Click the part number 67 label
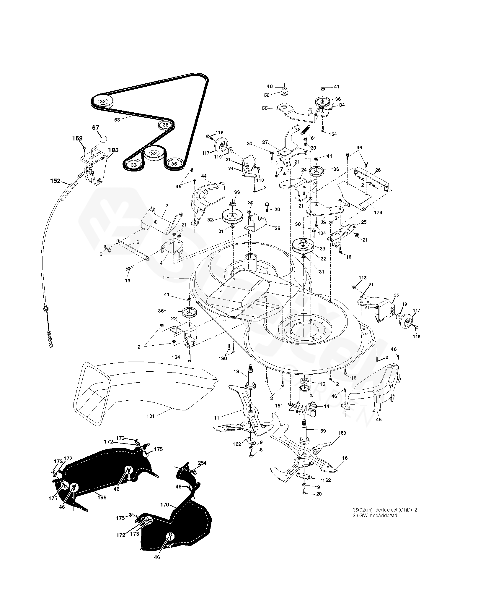pos(95,128)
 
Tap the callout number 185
pos(113,150)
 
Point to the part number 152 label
pos(55,181)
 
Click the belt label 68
pos(117,120)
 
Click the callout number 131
pos(150,416)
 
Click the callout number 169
pos(102,497)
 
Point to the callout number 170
pos(164,505)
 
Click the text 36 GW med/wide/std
pos(375,516)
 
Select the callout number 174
pos(378,213)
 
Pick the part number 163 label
pos(342,433)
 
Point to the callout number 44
pos(204,176)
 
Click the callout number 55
pos(265,109)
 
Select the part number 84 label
pos(342,105)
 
